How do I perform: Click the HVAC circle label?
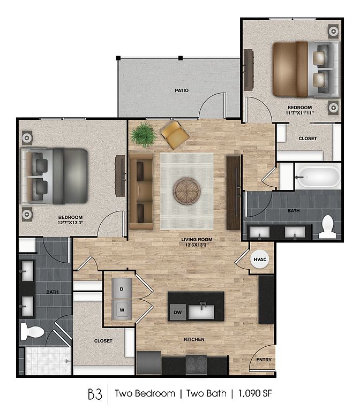click(260, 260)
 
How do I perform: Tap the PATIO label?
click(182, 90)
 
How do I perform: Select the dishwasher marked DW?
click(178, 312)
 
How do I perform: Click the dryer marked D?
click(122, 288)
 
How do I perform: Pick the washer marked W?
click(122, 309)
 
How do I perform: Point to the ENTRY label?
click(264, 360)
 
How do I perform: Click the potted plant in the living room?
click(143, 134)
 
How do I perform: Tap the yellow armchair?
click(175, 135)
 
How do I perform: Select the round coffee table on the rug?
click(186, 191)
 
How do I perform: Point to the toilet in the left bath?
click(32, 331)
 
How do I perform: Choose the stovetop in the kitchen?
click(196, 364)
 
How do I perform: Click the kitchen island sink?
click(201, 311)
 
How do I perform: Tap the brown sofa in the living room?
click(141, 191)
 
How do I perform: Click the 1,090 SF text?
click(255, 393)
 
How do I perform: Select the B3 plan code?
click(95, 393)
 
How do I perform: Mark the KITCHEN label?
click(194, 339)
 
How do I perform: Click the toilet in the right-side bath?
click(327, 227)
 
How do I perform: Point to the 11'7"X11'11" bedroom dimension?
click(299, 113)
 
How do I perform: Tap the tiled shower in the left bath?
click(48, 361)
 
